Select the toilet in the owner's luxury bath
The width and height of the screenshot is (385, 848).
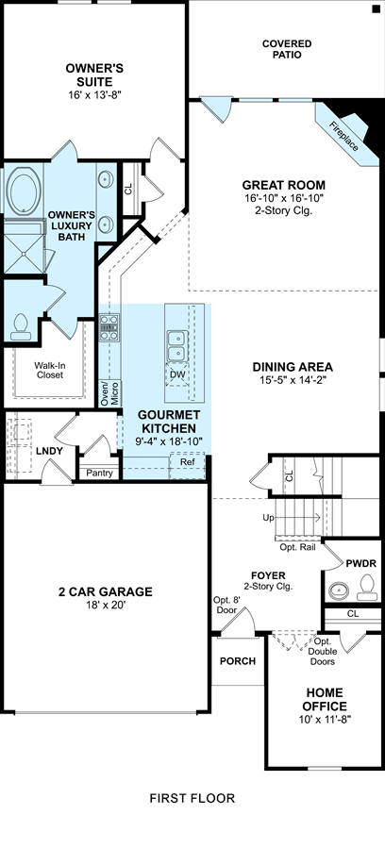[x=21, y=327]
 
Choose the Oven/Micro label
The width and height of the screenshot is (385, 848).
[x=109, y=393]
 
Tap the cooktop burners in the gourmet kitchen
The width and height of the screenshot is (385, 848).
[x=109, y=327]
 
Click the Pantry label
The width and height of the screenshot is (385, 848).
[x=100, y=474]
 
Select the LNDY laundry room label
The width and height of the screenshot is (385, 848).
[x=50, y=451]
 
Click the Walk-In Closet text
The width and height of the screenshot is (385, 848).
[x=49, y=370]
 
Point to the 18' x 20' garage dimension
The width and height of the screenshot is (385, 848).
[x=105, y=606]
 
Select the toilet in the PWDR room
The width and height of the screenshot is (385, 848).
[x=368, y=587]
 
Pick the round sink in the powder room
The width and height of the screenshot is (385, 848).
[x=340, y=589]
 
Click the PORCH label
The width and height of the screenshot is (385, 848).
[x=238, y=661]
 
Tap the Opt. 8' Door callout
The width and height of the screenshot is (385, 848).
[x=225, y=606]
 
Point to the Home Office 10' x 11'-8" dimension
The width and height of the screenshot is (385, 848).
[x=325, y=720]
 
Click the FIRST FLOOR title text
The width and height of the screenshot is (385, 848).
[x=192, y=798]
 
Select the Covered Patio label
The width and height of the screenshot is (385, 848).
[x=287, y=49]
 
